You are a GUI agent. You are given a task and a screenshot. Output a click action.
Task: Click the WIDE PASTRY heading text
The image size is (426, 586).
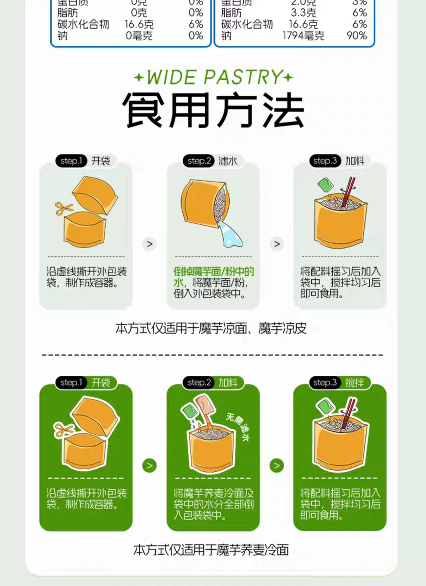point(213,77)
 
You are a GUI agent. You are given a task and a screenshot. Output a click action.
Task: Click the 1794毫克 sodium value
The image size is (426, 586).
point(303,36)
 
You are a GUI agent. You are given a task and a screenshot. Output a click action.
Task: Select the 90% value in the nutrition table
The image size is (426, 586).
point(356,36)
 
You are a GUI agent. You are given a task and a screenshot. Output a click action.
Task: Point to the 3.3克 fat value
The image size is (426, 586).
point(303,13)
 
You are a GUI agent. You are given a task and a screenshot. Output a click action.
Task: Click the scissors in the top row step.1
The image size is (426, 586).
point(63,209)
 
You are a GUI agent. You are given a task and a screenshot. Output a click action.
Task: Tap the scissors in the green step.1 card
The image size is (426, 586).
point(63,430)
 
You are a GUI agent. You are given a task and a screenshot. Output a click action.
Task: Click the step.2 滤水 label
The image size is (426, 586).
point(213,161)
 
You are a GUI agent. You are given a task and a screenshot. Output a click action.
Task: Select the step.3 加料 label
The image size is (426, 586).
point(340,161)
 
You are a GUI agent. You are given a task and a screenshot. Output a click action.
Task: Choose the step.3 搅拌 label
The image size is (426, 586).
point(340,382)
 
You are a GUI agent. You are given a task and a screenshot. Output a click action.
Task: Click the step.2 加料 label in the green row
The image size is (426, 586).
point(213,382)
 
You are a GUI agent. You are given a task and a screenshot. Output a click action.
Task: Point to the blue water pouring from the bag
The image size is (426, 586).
point(230,234)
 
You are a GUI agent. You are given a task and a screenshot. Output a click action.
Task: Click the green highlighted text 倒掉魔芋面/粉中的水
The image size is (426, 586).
point(213,277)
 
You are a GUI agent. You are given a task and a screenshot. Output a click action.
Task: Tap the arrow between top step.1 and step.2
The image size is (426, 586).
point(149,244)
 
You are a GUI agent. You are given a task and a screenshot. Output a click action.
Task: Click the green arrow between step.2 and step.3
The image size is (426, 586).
point(277,465)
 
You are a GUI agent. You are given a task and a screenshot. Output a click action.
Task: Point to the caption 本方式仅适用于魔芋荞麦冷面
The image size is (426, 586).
point(211,550)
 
